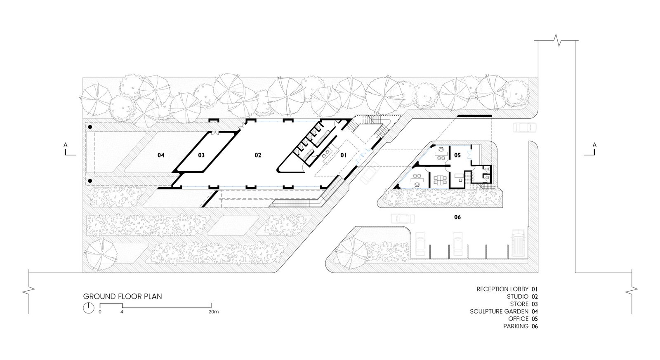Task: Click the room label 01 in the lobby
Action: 344,155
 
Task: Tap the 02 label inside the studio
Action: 258,155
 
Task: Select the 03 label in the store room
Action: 201,155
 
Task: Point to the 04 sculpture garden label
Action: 161,155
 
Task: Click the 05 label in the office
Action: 457,155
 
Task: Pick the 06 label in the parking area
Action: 457,217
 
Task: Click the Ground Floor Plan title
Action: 123,296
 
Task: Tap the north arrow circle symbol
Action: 88,308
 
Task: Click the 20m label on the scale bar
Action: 214,312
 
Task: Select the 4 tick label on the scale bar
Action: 122,312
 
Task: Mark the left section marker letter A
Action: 66,145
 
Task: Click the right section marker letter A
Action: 594,145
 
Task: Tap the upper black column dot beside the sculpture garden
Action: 90,127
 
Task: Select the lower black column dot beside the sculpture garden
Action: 90,181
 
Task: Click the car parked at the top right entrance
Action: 524,127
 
